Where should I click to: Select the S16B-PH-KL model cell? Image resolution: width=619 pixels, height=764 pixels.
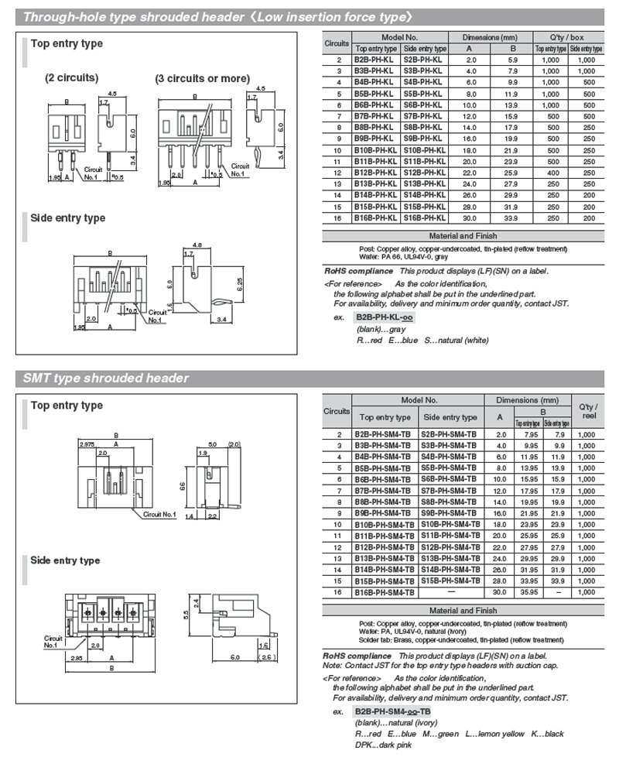coord(424,218)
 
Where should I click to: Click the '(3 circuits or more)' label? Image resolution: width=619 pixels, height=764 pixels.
coord(203,78)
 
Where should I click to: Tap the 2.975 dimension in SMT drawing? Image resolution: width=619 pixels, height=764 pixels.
coord(87,444)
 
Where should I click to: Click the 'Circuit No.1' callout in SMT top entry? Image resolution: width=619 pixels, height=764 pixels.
coord(159,514)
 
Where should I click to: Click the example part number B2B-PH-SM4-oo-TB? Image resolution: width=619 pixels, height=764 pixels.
coord(393,711)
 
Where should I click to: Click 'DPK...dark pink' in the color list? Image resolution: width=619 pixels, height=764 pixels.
coord(383,745)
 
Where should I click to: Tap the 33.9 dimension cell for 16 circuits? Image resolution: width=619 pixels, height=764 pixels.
coord(512,218)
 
